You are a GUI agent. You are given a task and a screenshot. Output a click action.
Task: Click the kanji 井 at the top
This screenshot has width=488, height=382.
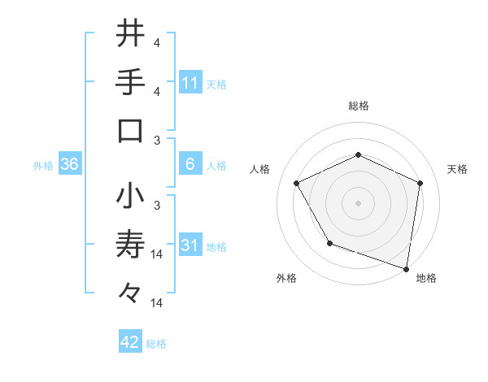pyautogui.click(x=130, y=34)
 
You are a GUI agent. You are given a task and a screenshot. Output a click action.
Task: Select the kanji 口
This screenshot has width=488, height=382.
pyautogui.click(x=130, y=130)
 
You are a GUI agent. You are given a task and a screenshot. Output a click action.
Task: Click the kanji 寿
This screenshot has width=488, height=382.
pyautogui.click(x=130, y=242)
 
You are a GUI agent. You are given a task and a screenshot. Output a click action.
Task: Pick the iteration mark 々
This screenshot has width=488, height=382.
pyautogui.click(x=130, y=291)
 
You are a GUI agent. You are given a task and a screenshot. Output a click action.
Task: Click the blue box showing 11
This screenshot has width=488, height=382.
pyautogui.click(x=190, y=82)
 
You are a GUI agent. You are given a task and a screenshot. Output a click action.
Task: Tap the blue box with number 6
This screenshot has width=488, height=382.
pyautogui.click(x=190, y=165)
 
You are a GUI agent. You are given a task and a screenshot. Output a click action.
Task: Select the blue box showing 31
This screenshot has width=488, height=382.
pyautogui.click(x=190, y=246)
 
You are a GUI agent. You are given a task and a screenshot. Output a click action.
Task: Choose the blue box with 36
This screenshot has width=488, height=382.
pyautogui.click(x=70, y=165)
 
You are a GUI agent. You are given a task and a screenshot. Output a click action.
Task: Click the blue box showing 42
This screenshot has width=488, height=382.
pyautogui.click(x=130, y=343)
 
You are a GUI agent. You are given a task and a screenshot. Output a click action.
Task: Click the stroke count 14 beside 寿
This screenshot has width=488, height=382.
pyautogui.click(x=158, y=254)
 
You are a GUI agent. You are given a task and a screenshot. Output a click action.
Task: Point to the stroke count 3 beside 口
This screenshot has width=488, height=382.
pyautogui.click(x=158, y=141)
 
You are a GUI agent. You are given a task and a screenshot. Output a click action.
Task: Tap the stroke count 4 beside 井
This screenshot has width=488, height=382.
pyautogui.click(x=158, y=43)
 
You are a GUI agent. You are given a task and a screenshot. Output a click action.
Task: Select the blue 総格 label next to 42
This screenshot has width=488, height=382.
pyautogui.click(x=156, y=344)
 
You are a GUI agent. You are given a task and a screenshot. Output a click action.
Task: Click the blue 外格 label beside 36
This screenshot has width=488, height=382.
pyautogui.click(x=43, y=166)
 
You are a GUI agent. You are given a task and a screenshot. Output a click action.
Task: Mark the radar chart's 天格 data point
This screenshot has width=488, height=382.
pyautogui.click(x=420, y=183)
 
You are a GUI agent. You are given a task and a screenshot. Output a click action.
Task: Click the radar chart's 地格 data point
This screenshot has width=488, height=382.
pyautogui.click(x=406, y=267)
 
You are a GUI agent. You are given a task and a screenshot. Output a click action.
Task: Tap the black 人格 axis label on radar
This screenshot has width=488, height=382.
pyautogui.click(x=260, y=169)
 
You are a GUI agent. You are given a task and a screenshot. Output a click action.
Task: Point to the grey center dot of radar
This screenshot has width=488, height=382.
pyautogui.click(x=358, y=202)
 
